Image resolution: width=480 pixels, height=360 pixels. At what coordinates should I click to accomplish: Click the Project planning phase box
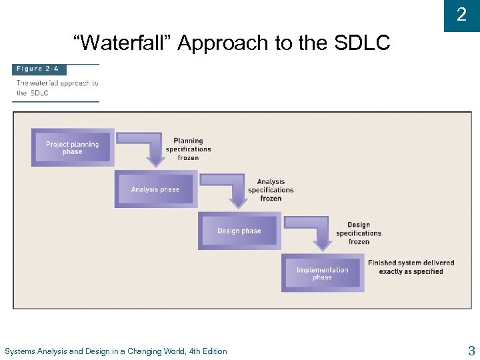72,148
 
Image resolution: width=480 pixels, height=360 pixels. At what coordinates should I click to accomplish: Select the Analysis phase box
155,189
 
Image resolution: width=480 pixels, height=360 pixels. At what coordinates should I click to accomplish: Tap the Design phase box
239,231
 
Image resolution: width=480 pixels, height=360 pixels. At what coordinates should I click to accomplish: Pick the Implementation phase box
322,273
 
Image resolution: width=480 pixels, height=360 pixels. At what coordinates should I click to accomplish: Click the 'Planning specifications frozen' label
188,149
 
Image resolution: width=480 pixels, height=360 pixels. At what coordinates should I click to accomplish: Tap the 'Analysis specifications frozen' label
271,190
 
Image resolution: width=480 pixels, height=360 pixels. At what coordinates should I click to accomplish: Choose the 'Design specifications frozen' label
359,233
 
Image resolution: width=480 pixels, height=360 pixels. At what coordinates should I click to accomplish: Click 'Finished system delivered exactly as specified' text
411,267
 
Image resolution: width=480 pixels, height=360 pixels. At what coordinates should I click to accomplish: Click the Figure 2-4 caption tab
39,69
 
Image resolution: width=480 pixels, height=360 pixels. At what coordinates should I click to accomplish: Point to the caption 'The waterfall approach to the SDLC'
56,88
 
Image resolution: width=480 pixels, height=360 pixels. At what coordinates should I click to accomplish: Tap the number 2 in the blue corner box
461,15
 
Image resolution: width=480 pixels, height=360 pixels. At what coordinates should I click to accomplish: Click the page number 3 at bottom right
471,351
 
